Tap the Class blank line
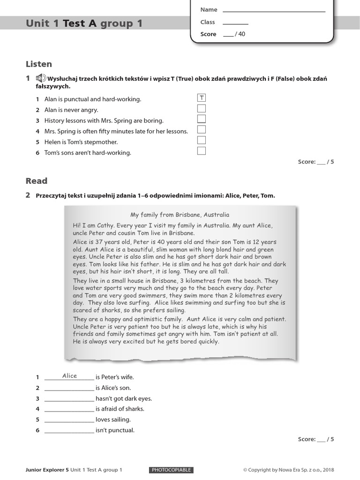(x=235, y=23)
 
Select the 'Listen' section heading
(x=39, y=64)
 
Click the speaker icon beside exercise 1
(x=40, y=78)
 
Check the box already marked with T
(x=202, y=98)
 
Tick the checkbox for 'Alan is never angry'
(x=202, y=109)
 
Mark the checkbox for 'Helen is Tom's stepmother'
(x=202, y=140)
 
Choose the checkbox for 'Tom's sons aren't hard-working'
(x=202, y=151)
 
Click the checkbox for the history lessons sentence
(x=202, y=119)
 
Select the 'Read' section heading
(x=37, y=181)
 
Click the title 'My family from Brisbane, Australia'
(x=180, y=215)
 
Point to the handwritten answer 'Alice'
(x=69, y=376)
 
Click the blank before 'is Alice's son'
(x=69, y=388)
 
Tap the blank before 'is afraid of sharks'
(x=69, y=409)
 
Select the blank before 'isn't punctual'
(x=69, y=430)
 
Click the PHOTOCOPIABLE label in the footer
(x=172, y=470)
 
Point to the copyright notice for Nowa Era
(x=289, y=470)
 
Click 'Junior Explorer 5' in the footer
(x=47, y=470)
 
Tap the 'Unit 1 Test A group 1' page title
(x=84, y=23)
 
